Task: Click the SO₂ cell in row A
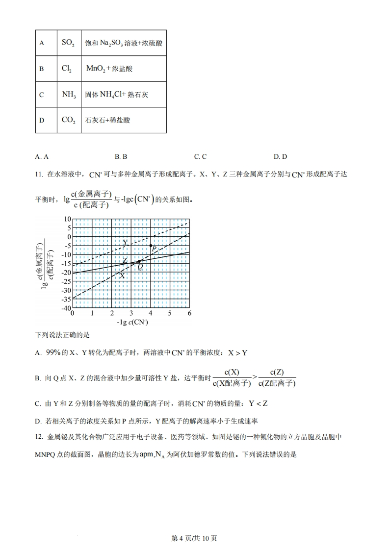(68, 43)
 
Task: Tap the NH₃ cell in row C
(69, 95)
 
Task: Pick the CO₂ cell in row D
(68, 120)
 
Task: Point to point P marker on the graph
(151, 245)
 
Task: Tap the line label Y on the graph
(125, 243)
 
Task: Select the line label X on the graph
(122, 276)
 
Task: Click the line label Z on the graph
(125, 260)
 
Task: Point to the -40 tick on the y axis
(66, 308)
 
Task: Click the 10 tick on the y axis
(68, 219)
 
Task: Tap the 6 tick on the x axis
(189, 313)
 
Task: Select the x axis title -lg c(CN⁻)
(132, 323)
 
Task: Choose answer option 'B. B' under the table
(121, 157)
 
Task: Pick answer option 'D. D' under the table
(280, 157)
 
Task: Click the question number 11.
(39, 174)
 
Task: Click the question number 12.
(39, 436)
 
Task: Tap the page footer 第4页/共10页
(194, 538)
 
